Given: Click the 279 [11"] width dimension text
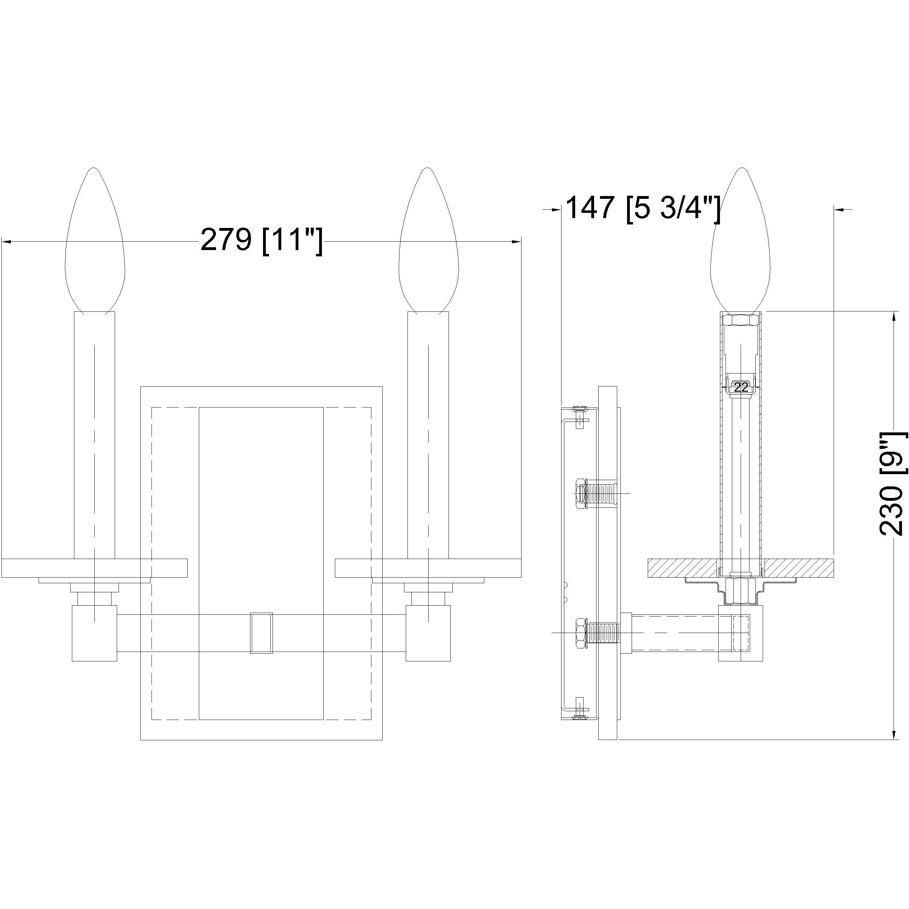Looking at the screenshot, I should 262,241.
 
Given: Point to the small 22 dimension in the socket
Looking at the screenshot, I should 741,388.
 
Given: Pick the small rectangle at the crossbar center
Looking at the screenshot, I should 261,633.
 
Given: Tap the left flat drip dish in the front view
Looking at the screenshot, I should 94,568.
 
